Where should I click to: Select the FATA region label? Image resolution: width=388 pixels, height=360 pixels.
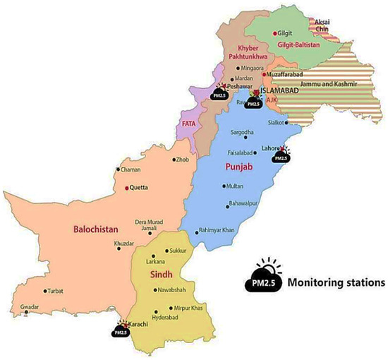(x=189, y=124)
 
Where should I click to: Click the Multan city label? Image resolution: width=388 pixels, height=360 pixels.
(x=236, y=186)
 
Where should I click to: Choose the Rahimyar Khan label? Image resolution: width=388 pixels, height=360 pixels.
(x=219, y=231)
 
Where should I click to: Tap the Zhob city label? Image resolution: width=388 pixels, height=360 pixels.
(x=183, y=160)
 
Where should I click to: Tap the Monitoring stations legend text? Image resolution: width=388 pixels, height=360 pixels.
(x=340, y=280)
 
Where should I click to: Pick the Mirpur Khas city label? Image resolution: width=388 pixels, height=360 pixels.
(x=192, y=308)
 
